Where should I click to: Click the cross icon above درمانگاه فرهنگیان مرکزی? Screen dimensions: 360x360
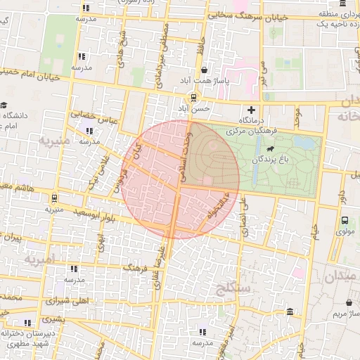[251, 109]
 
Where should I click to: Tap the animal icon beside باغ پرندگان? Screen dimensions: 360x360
[271, 149]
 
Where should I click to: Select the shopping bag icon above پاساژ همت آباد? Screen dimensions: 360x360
[205, 70]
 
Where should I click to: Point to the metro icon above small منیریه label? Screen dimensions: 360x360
[54, 198]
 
